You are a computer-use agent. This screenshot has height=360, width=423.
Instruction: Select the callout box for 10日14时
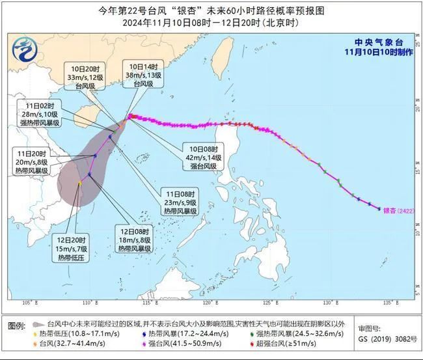click(143, 75)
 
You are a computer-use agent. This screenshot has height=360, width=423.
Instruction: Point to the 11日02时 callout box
click(40, 114)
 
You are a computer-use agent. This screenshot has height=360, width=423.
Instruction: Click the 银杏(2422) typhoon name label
click(399, 210)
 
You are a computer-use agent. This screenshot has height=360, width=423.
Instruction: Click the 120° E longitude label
click(209, 303)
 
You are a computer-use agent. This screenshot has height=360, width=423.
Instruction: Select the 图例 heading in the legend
click(16, 324)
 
